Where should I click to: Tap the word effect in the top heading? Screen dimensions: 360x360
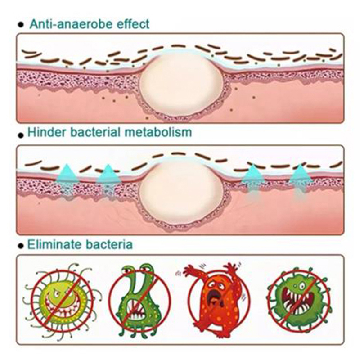point(130,23)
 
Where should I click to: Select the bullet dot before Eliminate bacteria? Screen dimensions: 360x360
point(19,247)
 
